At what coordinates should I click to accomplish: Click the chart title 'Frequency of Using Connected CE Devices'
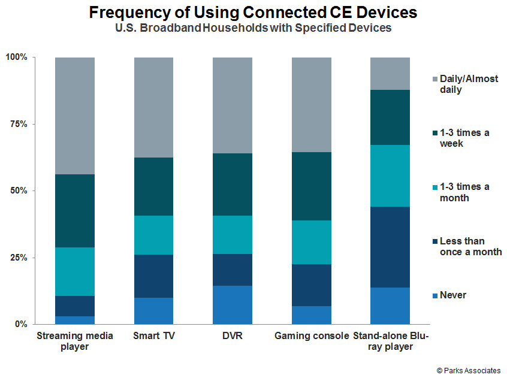click(253, 13)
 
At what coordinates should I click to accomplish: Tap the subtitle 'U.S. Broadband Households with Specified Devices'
click(253, 28)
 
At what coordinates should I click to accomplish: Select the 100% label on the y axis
click(16, 57)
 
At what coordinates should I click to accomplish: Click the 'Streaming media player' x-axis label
click(75, 341)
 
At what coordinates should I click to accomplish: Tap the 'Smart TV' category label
click(154, 335)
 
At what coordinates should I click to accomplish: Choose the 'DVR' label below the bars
click(233, 335)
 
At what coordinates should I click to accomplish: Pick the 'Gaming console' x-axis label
click(312, 336)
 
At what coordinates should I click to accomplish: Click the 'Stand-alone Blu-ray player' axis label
click(391, 341)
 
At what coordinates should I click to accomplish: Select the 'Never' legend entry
click(449, 295)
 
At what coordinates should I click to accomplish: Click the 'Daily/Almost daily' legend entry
click(465, 84)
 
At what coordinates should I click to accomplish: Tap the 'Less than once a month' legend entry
click(467, 246)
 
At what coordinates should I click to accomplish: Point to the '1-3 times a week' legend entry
click(461, 138)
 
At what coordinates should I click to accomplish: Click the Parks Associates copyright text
click(469, 370)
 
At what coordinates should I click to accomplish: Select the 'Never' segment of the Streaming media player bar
click(75, 320)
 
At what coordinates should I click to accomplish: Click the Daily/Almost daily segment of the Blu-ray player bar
click(390, 74)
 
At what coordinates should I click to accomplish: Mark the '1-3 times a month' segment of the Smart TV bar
click(153, 235)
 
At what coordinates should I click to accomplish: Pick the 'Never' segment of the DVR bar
click(233, 305)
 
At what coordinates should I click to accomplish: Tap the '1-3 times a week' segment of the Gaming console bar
click(312, 186)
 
